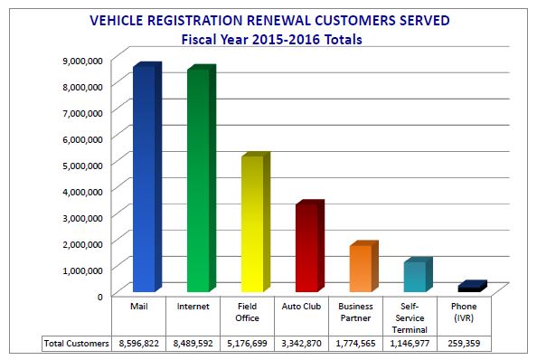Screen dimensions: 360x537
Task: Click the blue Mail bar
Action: pyautogui.click(x=144, y=181)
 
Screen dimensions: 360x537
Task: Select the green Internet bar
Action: pyautogui.click(x=199, y=181)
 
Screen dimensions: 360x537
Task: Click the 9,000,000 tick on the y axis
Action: pyautogui.click(x=81, y=60)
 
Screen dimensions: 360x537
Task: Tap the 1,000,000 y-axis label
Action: pyautogui.click(x=81, y=270)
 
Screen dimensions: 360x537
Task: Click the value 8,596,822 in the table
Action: pyautogui.click(x=140, y=344)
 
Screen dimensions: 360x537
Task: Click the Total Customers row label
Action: pyautogui.click(x=77, y=344)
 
